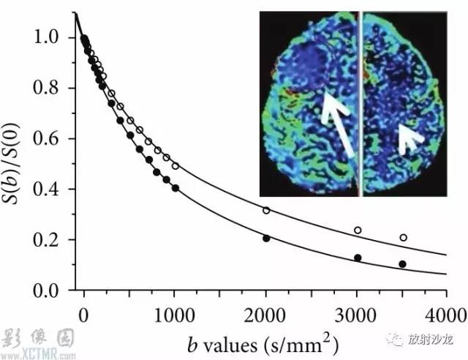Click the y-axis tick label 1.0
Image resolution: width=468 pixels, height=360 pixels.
46,37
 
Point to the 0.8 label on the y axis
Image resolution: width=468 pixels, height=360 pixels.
46,88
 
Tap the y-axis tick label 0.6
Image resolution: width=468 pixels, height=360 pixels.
46,138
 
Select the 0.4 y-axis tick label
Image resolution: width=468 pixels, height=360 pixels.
46,189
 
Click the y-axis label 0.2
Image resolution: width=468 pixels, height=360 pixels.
46,239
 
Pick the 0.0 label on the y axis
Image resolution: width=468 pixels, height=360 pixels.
46,290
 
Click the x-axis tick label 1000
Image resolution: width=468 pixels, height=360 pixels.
175,315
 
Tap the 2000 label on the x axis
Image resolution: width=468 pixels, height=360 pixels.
265,315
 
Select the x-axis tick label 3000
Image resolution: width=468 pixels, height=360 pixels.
356,315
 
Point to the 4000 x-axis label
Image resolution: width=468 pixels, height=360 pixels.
445,315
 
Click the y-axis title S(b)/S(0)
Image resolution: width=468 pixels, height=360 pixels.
12,164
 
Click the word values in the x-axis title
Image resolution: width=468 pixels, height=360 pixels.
230,345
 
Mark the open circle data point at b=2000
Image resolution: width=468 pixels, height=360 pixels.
266,211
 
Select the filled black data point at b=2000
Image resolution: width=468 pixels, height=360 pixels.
266,239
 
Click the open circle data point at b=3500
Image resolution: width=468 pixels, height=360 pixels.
403,238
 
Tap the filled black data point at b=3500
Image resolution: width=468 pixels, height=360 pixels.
402,264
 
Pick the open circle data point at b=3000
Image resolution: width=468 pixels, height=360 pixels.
358,230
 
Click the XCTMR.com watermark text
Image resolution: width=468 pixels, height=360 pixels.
37,355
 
